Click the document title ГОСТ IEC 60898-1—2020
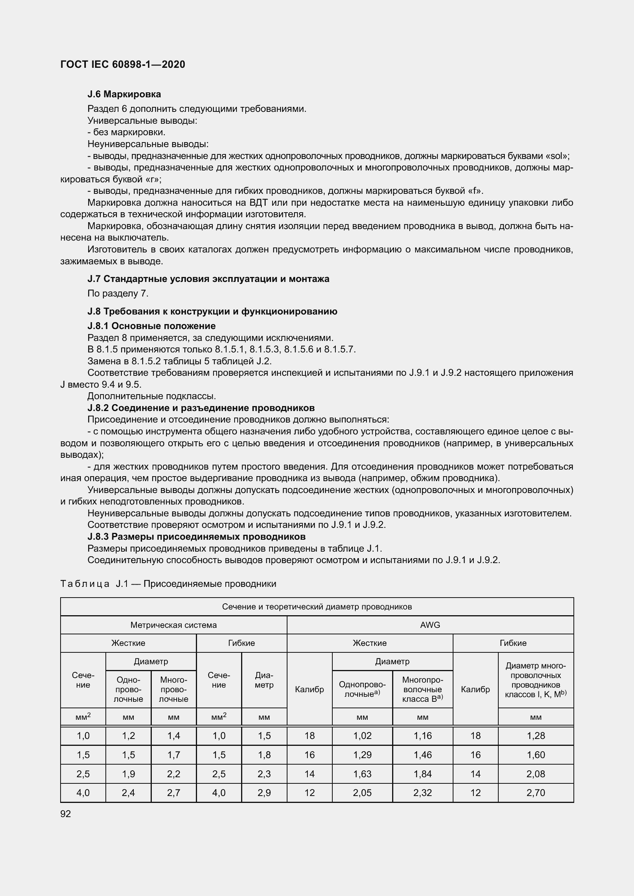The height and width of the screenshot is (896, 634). point(123,64)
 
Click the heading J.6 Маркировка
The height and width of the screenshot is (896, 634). point(124,94)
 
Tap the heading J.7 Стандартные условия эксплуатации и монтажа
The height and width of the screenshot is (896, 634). point(208,278)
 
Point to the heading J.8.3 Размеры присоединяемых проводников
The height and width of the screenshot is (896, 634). point(196,537)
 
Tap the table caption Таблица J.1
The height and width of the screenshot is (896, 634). point(168,584)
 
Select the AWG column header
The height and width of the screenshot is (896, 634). point(430,625)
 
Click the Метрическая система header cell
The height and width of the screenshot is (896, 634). point(173,625)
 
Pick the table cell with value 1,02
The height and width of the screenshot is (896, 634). point(362,736)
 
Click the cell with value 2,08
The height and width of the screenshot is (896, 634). point(535,774)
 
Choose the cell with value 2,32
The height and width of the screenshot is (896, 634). point(422,793)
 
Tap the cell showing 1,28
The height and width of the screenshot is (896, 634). point(535,736)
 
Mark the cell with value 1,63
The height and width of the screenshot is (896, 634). point(362,774)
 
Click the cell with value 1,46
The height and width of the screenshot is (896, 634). point(422,755)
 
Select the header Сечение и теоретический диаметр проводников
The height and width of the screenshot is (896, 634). point(317,607)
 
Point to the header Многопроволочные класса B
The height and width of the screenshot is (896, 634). point(422,690)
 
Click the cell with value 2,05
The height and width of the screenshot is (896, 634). point(362,793)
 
